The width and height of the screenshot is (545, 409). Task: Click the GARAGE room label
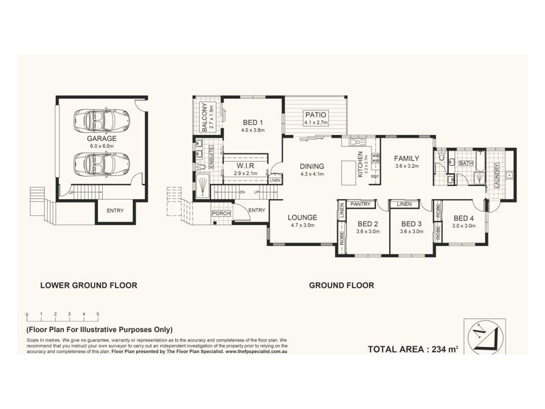tap(97, 138)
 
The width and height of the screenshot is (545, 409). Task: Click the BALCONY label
tap(204, 117)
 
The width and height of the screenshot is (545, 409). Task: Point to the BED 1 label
tap(253, 124)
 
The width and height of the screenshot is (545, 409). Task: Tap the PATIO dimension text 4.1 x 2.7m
tap(316, 123)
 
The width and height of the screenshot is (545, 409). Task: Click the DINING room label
tap(311, 166)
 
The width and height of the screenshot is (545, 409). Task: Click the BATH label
tap(466, 164)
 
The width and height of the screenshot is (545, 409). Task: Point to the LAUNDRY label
tap(498, 175)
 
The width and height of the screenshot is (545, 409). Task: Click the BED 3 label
tap(411, 224)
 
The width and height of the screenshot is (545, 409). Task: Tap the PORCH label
tap(221, 213)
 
